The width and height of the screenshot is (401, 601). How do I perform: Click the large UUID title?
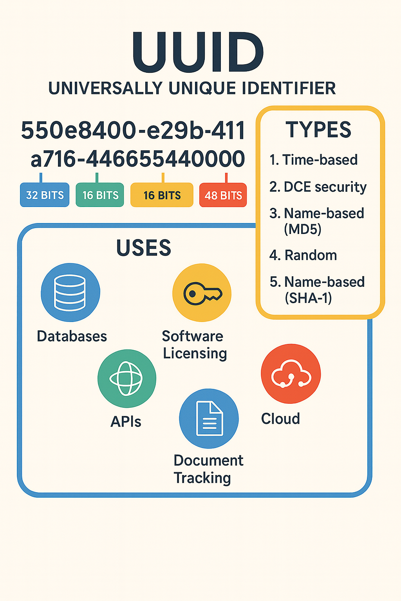coord(198,53)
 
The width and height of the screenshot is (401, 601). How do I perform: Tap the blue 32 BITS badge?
coord(45,195)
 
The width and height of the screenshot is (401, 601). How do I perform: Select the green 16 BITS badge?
coord(100,195)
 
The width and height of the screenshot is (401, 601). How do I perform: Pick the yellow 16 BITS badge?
coord(162,195)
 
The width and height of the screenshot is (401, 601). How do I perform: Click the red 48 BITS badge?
coord(223,195)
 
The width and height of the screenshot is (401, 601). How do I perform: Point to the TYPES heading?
coord(318,130)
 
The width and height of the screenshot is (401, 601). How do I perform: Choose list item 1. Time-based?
coord(314,160)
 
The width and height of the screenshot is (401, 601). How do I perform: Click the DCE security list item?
coord(318,187)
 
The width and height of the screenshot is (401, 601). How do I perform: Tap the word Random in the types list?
coord(311,255)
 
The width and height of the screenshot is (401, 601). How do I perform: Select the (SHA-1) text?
coord(308,298)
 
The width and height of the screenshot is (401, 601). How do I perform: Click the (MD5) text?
coord(303,229)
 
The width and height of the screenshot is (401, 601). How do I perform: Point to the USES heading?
coord(144,248)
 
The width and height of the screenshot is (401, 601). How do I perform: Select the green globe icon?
coord(126,378)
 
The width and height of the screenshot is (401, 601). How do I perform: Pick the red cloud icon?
coord(291,374)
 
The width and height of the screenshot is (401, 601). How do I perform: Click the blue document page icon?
coord(209,418)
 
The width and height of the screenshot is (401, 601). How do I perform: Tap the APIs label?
coord(126,422)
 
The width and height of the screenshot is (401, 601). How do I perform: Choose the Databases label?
coord(72,336)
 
